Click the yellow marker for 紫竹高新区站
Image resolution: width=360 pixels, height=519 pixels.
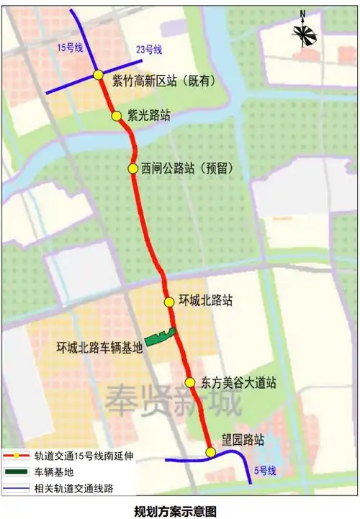[98, 76]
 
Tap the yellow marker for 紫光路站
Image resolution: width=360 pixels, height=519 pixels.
[115, 115]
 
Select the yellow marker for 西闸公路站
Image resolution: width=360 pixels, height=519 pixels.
[132, 168]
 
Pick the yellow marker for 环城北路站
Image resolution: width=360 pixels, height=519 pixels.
[168, 302]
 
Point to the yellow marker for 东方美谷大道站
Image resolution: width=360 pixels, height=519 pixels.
[189, 382]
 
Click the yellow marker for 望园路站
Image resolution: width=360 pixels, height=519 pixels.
[210, 452]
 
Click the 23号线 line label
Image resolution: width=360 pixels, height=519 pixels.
[149, 50]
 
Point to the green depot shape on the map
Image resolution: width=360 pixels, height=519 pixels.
[161, 335]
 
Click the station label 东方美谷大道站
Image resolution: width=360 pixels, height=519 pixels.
[238, 382]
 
